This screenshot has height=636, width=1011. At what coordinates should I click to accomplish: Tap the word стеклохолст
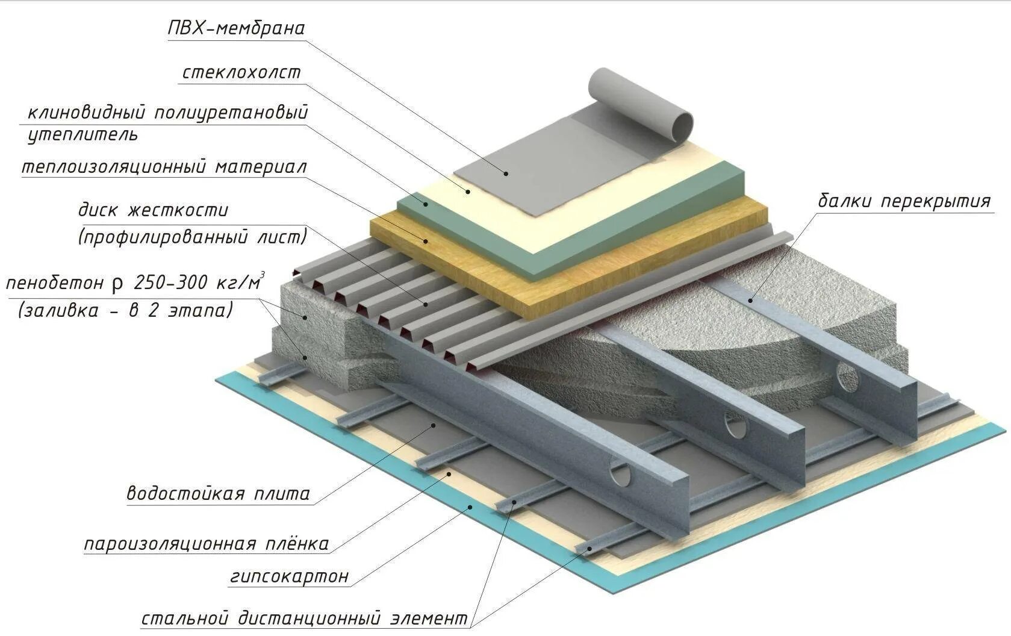coord(241,73)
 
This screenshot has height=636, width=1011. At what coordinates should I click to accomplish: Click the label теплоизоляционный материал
coord(164,167)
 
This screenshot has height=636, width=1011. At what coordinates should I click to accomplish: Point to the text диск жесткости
coord(153,211)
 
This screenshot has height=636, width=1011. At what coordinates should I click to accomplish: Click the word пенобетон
coord(55,283)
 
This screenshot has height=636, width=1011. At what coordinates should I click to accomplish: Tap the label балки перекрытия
coord(903,201)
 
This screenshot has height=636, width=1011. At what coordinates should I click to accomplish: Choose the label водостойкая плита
coord(218,494)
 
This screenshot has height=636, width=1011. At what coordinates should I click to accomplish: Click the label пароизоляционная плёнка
coord(206,544)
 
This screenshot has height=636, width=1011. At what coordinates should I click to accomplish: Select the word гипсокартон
coord(289,576)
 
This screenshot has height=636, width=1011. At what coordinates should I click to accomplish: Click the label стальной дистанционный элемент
coord(304,619)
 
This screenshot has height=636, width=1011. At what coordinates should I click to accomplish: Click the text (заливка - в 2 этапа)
coord(125,311)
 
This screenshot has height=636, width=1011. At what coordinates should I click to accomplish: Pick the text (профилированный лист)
coord(192,237)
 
